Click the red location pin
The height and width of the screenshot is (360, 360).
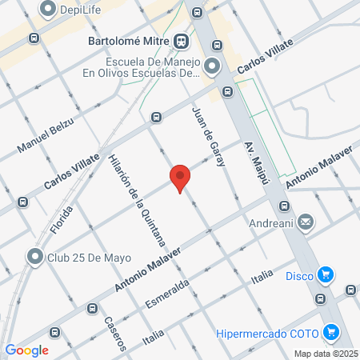click(180, 177)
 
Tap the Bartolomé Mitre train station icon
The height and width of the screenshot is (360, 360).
click(183, 40)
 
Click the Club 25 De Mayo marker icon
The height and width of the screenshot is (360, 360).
click(34, 258)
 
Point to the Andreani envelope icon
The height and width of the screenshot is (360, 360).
click(305, 223)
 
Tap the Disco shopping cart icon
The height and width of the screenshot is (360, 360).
click(325, 277)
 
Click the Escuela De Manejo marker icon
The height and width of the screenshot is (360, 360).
click(211, 66)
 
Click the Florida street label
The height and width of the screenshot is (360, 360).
click(61, 218)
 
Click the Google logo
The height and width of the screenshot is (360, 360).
click(26, 350)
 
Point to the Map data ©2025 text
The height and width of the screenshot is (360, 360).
click(324, 354)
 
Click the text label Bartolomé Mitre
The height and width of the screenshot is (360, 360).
click(126, 40)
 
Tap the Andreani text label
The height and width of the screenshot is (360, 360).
click(271, 223)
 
